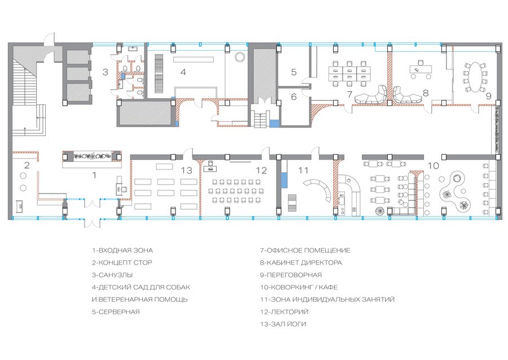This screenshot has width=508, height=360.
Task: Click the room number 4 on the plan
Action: [x=183, y=72]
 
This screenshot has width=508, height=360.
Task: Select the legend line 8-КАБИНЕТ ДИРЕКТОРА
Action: [x=301, y=262]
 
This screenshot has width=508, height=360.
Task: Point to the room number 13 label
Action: [x=187, y=170]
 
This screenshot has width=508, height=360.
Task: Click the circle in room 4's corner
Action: [x=240, y=57]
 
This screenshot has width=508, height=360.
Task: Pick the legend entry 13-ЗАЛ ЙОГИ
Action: [x=283, y=324]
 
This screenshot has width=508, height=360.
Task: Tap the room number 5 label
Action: [x=294, y=72]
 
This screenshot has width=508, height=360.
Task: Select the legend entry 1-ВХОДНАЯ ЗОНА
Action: [x=122, y=251]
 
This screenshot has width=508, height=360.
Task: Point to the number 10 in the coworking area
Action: [x=433, y=166]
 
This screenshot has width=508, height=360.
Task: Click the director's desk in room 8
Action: [x=421, y=69]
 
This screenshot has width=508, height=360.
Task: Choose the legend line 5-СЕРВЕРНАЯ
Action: [x=116, y=312]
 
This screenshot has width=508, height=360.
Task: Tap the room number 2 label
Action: [x=27, y=165]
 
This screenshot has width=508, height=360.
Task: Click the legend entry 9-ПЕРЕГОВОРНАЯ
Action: [x=291, y=275]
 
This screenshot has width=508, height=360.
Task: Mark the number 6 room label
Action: [x=294, y=96]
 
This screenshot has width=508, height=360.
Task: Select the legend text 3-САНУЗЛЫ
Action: [x=112, y=275]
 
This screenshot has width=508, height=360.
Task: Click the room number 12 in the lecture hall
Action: [x=261, y=170]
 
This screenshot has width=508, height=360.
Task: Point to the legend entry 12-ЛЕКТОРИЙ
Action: [x=284, y=312]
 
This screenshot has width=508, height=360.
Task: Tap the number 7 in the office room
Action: [x=349, y=95]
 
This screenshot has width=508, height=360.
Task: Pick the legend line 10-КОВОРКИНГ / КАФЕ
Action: [x=299, y=287]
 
